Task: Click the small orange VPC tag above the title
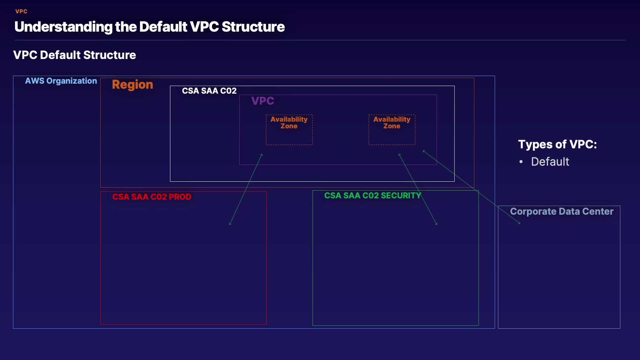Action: click(21, 11)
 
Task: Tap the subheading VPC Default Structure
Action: click(74, 55)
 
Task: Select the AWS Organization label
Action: click(61, 81)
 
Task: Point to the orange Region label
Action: click(132, 84)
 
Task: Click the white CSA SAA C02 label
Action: click(209, 91)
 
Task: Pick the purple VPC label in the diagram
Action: click(263, 101)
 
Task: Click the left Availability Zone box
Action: click(289, 130)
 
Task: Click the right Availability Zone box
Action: click(392, 130)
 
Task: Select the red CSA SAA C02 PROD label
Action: click(152, 197)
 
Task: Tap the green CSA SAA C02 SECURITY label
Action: click(372, 195)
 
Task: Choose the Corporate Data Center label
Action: click(561, 211)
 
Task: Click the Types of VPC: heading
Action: click(557, 144)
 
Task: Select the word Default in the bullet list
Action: click(550, 162)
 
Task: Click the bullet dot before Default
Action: click(521, 162)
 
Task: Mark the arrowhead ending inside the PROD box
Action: click(230, 224)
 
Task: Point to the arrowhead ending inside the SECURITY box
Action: click(437, 224)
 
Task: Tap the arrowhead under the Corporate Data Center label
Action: click(519, 223)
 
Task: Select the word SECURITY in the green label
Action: click(401, 195)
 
